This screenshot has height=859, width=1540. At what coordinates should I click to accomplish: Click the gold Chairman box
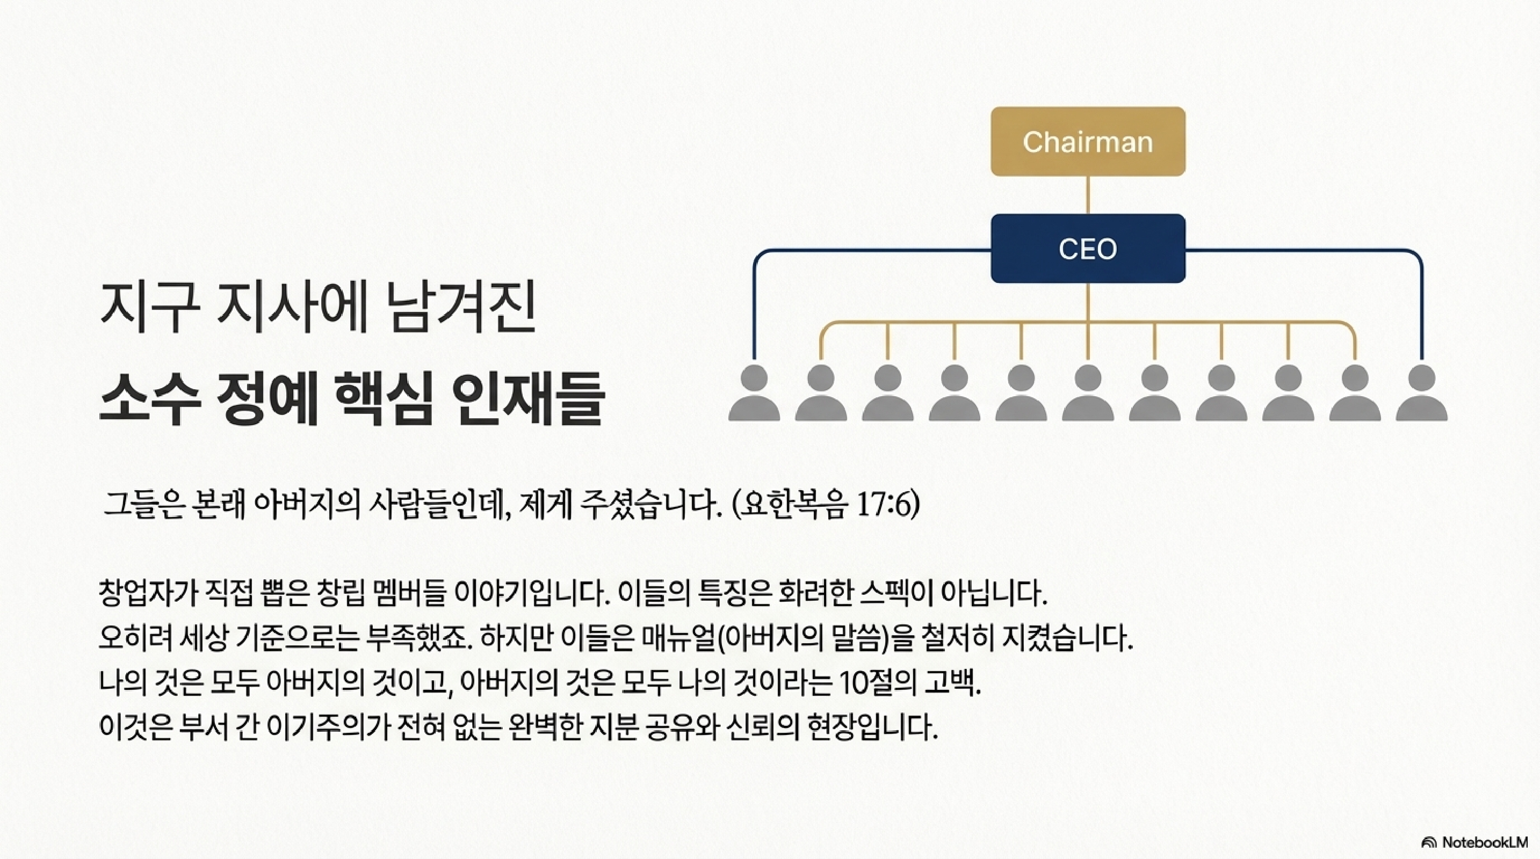point(1087,142)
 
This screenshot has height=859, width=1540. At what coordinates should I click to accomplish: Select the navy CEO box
point(1087,249)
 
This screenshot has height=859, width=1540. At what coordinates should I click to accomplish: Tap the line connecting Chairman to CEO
point(1087,195)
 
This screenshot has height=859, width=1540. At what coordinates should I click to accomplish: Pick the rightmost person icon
point(1422,393)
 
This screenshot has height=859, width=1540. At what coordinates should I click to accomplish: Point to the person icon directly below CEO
point(1087,393)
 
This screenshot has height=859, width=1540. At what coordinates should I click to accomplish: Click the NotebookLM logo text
point(1484,842)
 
